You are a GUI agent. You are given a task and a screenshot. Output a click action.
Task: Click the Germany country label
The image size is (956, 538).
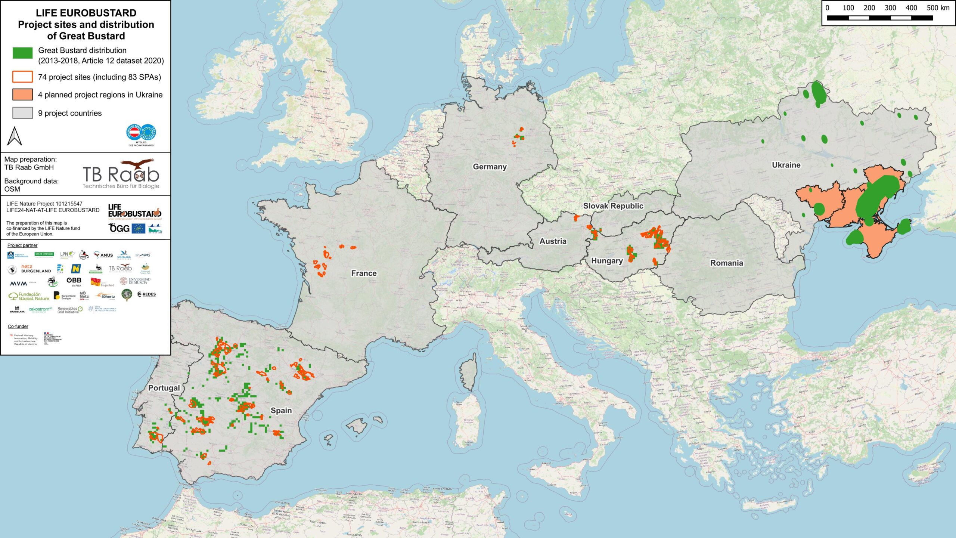pos(490,167)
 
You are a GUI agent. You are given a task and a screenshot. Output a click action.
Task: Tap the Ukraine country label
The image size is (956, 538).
pos(786,165)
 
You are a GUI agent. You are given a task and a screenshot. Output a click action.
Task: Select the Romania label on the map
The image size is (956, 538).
pos(726,263)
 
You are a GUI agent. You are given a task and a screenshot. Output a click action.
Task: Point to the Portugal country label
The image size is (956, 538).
pos(164,388)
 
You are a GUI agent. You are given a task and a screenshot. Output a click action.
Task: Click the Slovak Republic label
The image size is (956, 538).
pos(613,206)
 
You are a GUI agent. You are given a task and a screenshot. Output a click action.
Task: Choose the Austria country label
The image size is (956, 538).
pos(553,241)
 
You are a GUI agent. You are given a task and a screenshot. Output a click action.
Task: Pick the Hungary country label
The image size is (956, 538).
pos(607,261)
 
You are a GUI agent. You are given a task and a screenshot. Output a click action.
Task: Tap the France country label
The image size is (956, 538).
pos(364,273)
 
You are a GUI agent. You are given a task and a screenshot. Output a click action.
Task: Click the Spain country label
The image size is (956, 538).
pos(281,410)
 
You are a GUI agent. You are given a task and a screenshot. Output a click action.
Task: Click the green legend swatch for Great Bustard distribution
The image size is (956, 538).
pos(22,53)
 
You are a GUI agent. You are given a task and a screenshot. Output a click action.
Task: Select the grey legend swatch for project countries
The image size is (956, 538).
pos(22,113)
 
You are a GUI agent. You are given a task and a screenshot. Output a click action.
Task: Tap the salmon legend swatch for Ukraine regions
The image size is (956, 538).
pos(22,95)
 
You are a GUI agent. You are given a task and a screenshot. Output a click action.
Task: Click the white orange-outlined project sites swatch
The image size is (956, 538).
pos(22,77)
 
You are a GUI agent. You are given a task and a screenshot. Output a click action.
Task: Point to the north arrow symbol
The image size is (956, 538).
pos(15,136)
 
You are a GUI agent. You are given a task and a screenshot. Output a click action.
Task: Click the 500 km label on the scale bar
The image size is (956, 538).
pos(938,8)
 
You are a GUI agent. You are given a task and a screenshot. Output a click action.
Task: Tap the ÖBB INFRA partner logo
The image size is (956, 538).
pos(74,282)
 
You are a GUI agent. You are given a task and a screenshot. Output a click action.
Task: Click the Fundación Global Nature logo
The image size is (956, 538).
pos(29,296)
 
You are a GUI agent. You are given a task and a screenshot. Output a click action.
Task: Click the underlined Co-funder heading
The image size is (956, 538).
pos(18,327)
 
